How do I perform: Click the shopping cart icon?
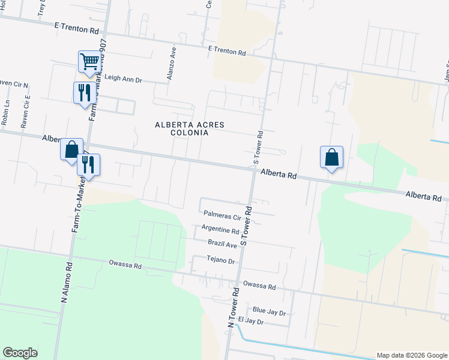point(89,61)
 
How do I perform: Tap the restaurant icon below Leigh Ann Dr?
point(83,92)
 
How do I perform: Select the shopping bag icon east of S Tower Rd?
point(331,157)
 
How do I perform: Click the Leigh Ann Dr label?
point(123,79)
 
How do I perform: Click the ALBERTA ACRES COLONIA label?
point(190,128)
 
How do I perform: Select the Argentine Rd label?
point(220,229)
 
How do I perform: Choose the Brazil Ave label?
point(223,244)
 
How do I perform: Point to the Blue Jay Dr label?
point(269,311)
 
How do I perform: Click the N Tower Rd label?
point(234,307)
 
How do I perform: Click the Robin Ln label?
point(5,112)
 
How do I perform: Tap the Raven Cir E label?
point(25,112)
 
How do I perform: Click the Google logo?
point(20,353)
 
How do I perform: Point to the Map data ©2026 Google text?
point(411,355)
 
